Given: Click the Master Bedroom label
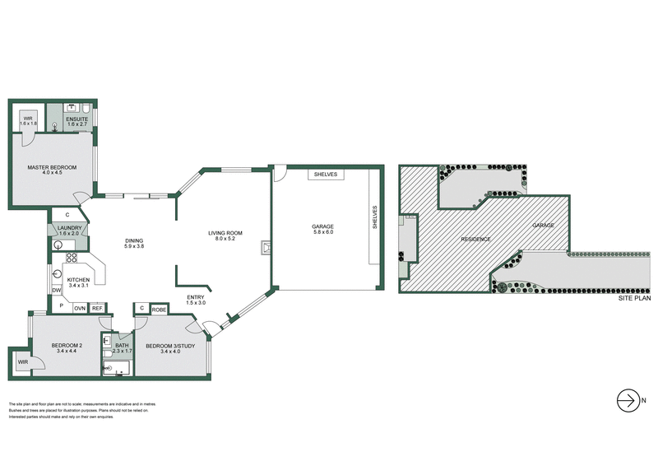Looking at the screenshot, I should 52,168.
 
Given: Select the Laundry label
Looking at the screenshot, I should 69,228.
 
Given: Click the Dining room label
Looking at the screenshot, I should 134,242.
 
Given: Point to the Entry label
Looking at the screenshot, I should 196,298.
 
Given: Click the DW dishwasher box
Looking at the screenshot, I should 57,291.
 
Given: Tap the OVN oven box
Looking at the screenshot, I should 80,308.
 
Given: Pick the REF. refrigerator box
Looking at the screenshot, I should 98,308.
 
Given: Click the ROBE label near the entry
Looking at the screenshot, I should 160,309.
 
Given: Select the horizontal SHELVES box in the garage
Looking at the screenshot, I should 325,174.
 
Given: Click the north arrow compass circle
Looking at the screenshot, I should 627,401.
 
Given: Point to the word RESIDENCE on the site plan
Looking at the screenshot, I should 475,239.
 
